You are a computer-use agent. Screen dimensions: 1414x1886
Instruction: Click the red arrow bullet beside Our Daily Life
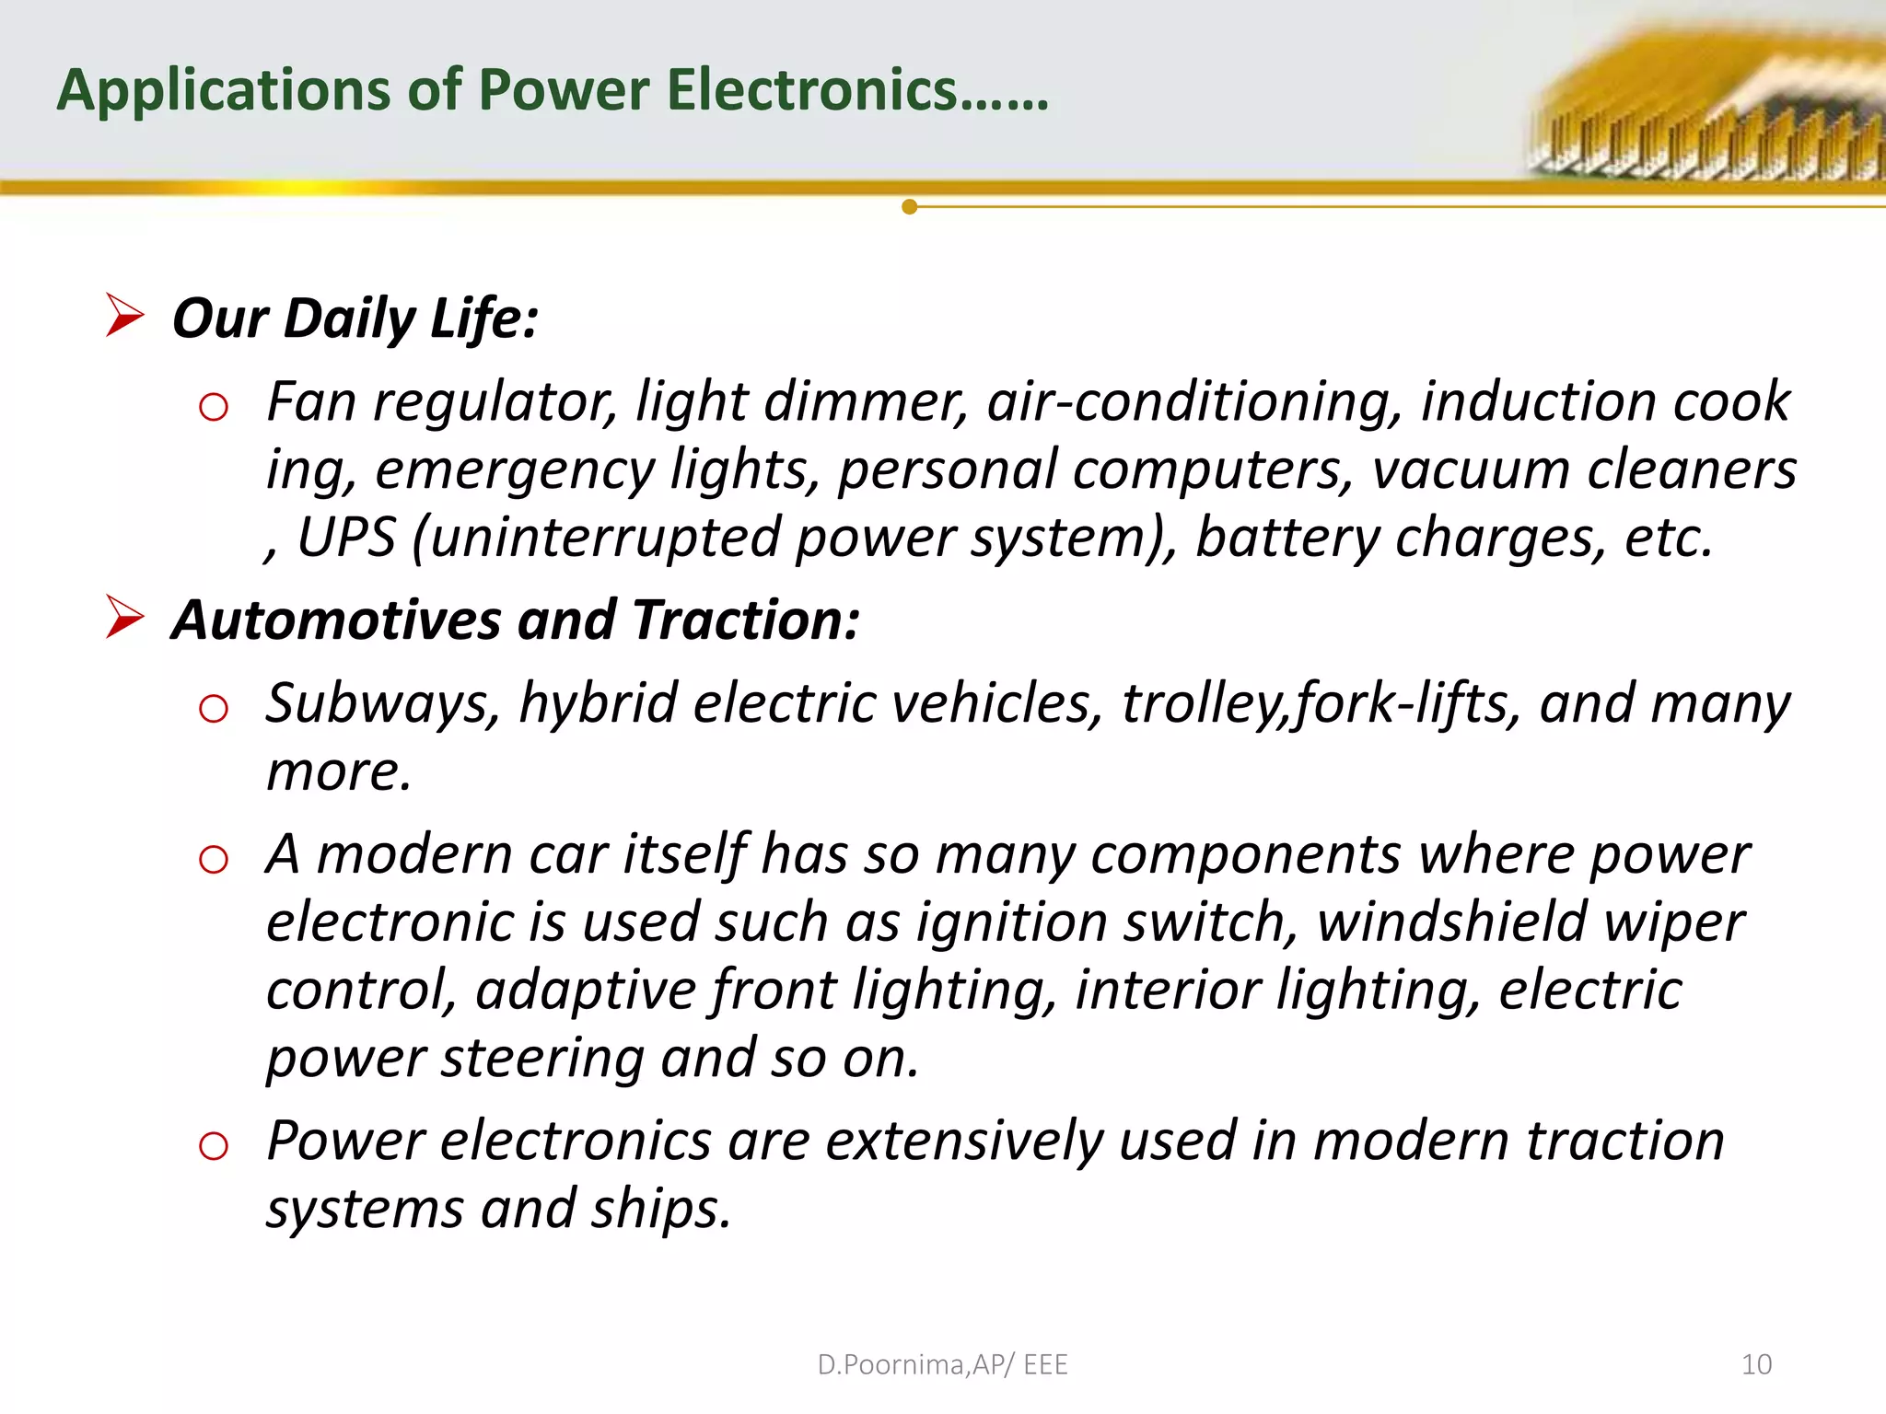point(124,315)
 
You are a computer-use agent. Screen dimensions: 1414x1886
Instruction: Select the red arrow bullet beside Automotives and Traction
point(124,617)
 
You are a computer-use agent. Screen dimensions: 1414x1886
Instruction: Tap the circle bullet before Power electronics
point(214,1146)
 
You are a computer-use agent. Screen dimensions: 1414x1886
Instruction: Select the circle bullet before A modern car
point(214,860)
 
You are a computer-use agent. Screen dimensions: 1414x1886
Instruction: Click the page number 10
point(1756,1364)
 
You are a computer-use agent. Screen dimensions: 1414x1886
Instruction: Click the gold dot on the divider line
point(910,207)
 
